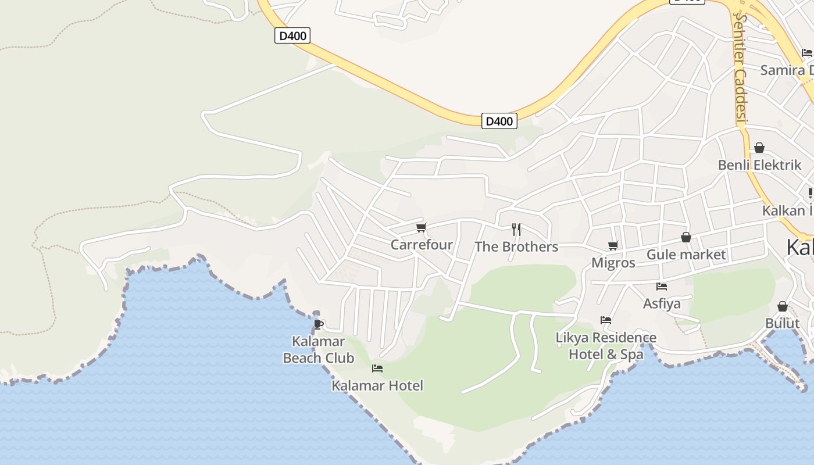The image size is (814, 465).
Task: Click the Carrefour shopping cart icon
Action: pyautogui.click(x=422, y=227)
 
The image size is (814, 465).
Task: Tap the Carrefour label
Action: pyautogui.click(x=422, y=245)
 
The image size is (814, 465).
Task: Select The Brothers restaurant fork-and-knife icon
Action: pyautogui.click(x=516, y=229)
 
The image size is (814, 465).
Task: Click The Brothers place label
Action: pyautogui.click(x=516, y=247)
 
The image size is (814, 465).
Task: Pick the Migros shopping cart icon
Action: pyautogui.click(x=613, y=245)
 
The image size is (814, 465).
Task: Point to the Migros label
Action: pyautogui.click(x=613, y=263)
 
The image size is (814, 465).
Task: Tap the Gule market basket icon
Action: pyautogui.click(x=686, y=237)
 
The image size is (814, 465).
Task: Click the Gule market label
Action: pyautogui.click(x=686, y=255)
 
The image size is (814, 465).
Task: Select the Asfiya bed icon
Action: pyautogui.click(x=662, y=286)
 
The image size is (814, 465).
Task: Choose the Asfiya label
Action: pyautogui.click(x=662, y=303)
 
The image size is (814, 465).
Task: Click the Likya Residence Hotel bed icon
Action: pyautogui.click(x=606, y=320)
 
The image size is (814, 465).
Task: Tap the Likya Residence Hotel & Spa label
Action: pyautogui.click(x=606, y=346)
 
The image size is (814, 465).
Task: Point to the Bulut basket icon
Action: pyautogui.click(x=783, y=306)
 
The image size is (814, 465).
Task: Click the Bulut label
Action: pyautogui.click(x=783, y=323)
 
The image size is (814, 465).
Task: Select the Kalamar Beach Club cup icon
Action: pyautogui.click(x=318, y=324)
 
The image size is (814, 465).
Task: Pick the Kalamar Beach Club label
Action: pyautogui.click(x=318, y=349)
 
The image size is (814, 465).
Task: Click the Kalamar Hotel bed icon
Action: pyautogui.click(x=377, y=368)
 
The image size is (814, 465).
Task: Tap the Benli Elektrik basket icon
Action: pyautogui.click(x=759, y=148)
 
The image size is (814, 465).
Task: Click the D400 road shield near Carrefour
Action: pyautogui.click(x=499, y=121)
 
